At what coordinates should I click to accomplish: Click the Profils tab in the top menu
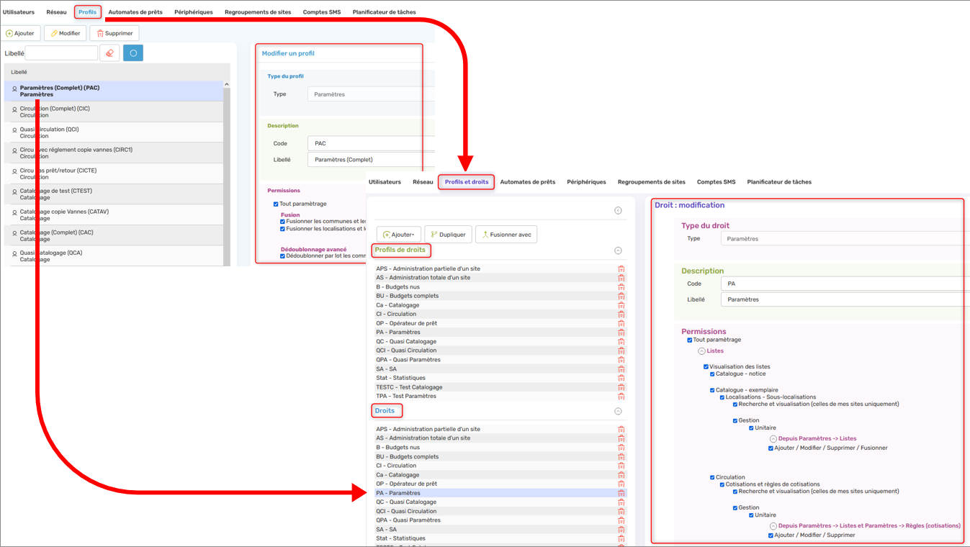tap(87, 12)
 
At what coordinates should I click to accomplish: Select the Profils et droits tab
tap(466, 182)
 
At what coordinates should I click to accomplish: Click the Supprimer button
tap(114, 33)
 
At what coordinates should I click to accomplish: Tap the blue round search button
tap(133, 53)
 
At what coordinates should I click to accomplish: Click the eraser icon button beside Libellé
tap(109, 53)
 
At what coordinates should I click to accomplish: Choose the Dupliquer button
tap(447, 235)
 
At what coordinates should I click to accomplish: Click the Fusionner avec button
tap(506, 235)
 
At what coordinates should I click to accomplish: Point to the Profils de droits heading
tap(400, 250)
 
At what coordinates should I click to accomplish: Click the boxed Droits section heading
tap(385, 411)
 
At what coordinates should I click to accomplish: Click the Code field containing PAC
tap(370, 143)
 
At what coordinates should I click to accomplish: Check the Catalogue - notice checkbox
tap(712, 374)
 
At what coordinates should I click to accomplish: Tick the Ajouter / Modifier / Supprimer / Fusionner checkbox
tap(771, 448)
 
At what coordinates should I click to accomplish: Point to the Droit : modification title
tap(689, 205)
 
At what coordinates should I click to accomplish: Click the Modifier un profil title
tap(288, 53)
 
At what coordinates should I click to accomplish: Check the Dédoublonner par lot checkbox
tap(283, 256)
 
